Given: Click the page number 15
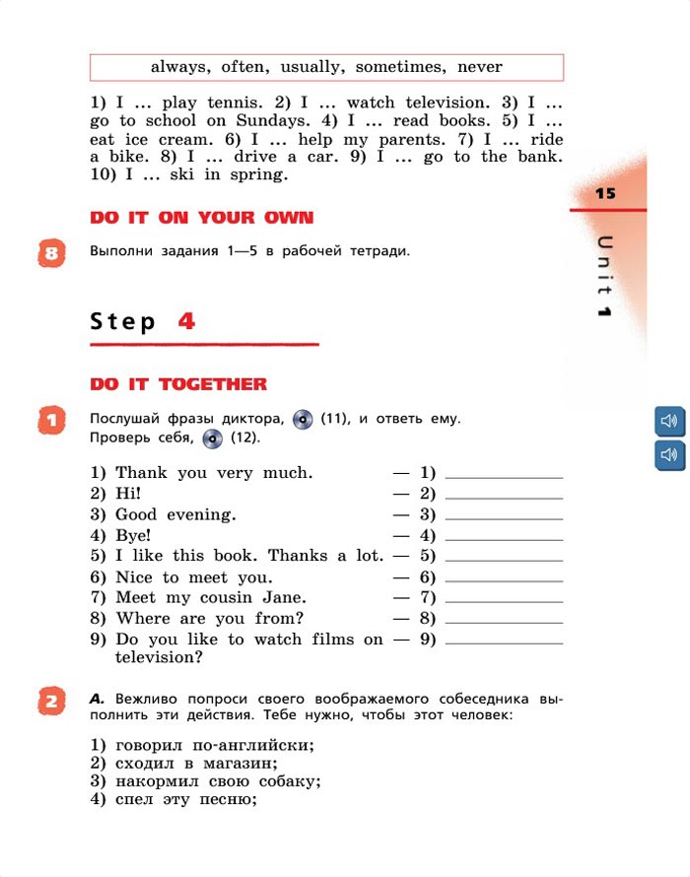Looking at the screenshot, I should tap(605, 193).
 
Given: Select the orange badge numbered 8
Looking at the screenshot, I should tap(52, 253).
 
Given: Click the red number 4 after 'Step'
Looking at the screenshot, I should tap(187, 321).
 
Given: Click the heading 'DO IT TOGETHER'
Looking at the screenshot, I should tap(178, 383).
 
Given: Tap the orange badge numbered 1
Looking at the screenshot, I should tap(51, 421).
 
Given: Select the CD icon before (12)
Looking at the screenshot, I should tap(213, 438).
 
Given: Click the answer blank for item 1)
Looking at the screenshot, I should tap(504, 474).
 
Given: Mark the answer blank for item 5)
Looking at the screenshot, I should tap(504, 557).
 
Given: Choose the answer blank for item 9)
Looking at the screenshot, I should tap(504, 640).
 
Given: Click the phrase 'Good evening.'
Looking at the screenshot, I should tap(175, 514).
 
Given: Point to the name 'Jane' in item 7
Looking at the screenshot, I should tap(285, 597).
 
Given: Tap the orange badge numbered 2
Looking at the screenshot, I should tap(52, 703).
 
